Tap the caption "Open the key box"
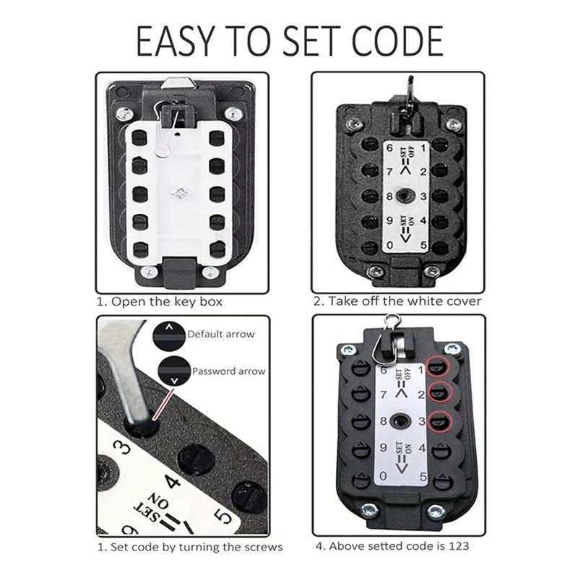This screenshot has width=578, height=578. [x=166, y=301]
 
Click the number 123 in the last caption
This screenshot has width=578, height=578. [x=458, y=545]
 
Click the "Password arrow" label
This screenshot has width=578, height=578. [x=228, y=371]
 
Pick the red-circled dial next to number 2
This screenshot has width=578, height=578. [x=438, y=394]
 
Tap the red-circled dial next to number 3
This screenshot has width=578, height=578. [x=438, y=421]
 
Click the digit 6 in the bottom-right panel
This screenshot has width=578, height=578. [x=384, y=370]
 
